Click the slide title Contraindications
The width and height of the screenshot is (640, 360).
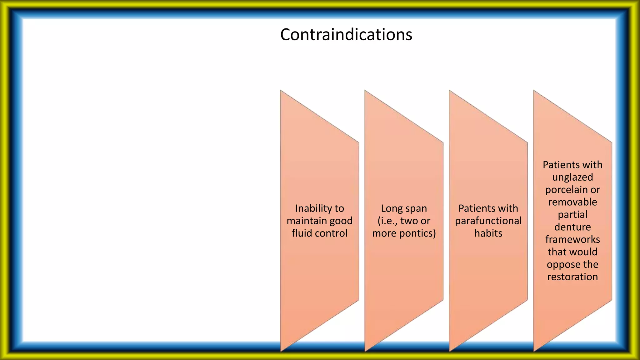point(346,34)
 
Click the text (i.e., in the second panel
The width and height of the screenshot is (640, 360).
point(387,221)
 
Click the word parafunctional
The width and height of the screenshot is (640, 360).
point(488,221)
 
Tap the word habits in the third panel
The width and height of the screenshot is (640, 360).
point(488,233)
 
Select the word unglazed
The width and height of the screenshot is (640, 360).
point(572,177)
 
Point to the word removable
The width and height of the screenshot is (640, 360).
point(572,202)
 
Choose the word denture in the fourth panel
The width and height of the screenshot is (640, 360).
point(572,227)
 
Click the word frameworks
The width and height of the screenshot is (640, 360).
point(572,240)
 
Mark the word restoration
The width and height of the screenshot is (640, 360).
point(572,277)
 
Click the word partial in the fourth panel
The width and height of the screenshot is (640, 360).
point(572,215)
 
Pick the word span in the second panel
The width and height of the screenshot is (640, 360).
point(416,208)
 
